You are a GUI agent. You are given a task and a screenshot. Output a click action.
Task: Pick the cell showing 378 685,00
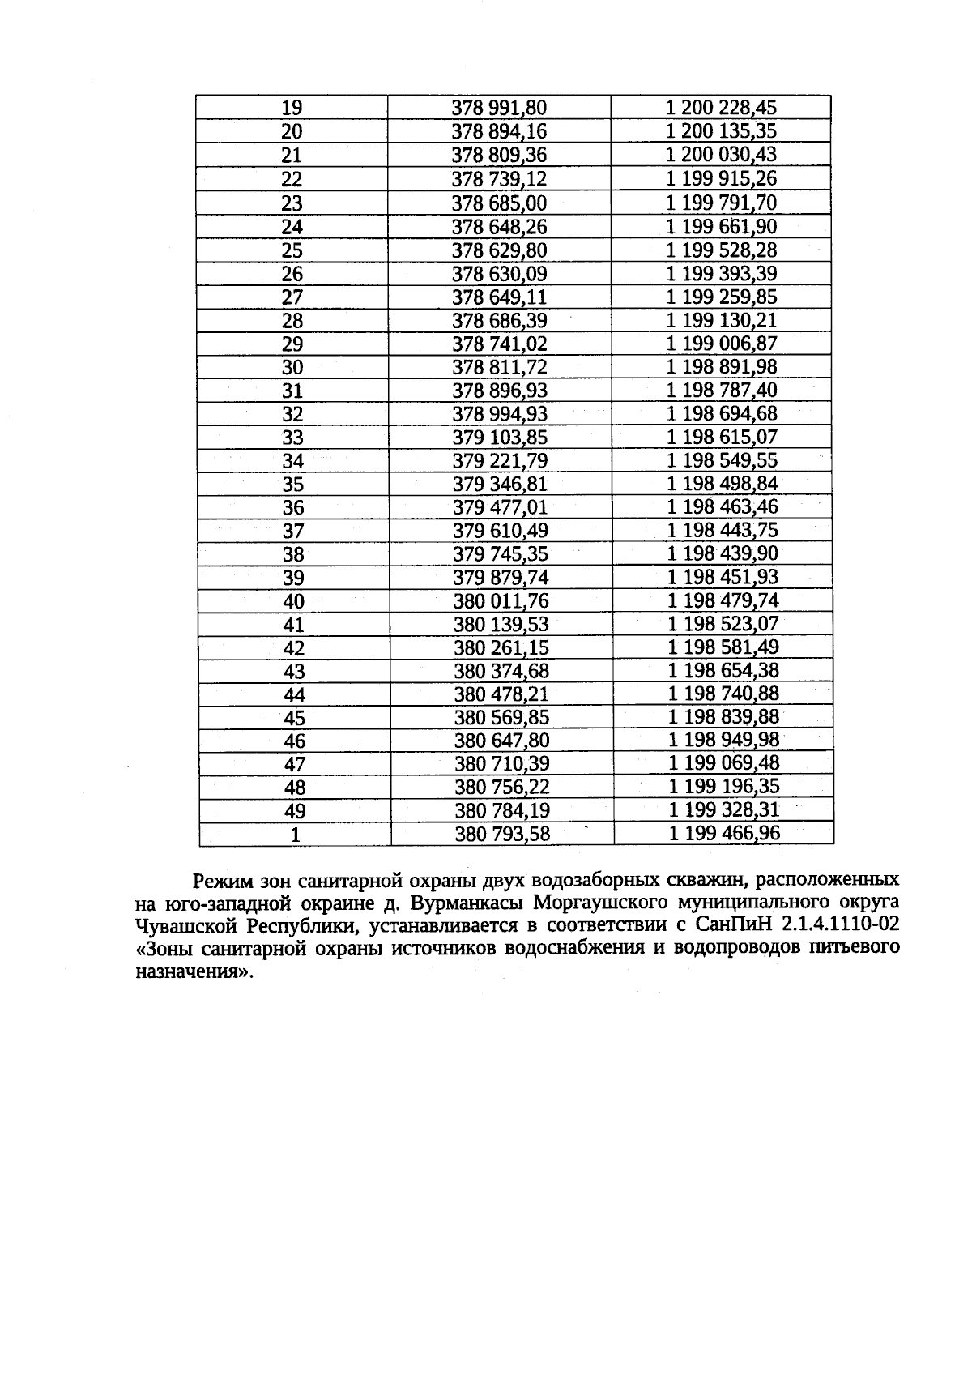coord(499,203)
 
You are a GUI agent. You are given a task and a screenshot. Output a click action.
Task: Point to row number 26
coord(292,274)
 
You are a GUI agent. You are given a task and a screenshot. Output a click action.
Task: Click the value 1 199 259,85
coord(721,297)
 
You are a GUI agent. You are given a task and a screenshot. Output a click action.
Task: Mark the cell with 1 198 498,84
coord(723,485)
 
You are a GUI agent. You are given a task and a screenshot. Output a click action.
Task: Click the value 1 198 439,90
coord(723,554)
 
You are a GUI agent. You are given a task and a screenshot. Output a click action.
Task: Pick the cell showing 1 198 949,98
coord(724,741)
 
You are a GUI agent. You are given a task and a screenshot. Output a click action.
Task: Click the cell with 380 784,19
coord(502,810)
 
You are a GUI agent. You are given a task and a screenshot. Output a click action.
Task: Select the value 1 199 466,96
coord(724,834)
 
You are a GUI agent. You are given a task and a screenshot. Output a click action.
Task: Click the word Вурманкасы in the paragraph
coord(461,903)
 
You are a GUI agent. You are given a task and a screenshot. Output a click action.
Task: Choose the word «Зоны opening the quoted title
coord(168,948)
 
